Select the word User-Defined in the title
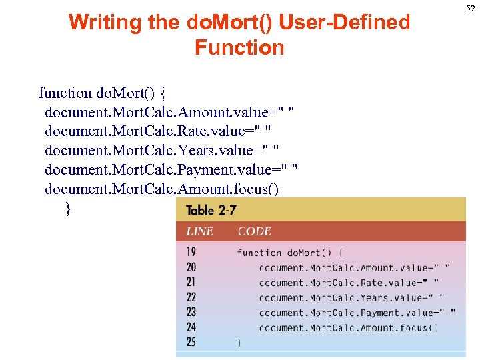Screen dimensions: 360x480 tap(345, 23)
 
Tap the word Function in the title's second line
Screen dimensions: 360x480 tap(239, 48)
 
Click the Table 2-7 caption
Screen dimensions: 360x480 tap(211, 210)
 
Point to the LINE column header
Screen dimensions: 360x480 tap(200, 231)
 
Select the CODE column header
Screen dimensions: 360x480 tap(255, 231)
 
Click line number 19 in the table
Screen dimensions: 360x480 tap(191, 253)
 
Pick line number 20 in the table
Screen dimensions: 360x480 tap(191, 267)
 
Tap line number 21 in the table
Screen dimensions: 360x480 tap(191, 282)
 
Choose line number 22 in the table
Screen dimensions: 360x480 tap(191, 297)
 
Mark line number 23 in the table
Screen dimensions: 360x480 tap(191, 312)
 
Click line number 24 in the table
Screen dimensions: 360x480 tap(191, 327)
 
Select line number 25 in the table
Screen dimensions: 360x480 tap(191, 342)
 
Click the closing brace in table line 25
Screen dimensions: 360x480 tap(239, 343)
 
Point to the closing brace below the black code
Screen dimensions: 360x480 tap(68, 209)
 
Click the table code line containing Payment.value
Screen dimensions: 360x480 tap(357, 313)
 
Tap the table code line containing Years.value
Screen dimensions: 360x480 tap(351, 298)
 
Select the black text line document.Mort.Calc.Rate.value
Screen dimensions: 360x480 tap(158, 131)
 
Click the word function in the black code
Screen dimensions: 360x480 tap(65, 93)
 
